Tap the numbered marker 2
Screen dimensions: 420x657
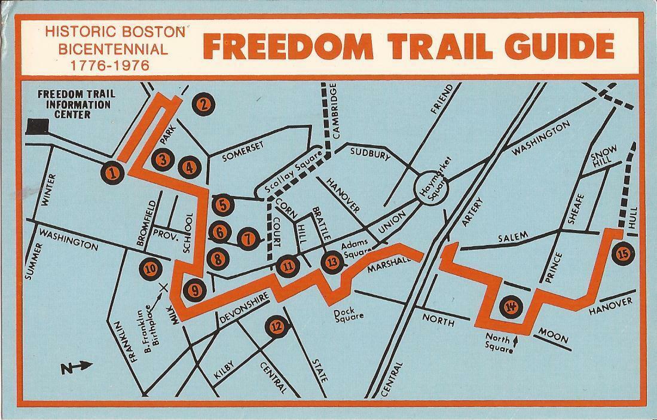(204, 105)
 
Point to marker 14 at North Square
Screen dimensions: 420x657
(511, 307)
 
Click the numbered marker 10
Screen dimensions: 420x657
(149, 268)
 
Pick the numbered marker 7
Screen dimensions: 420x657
(248, 239)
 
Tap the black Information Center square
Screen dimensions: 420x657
(38, 127)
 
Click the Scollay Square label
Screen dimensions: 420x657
(289, 174)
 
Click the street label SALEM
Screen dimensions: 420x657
(513, 237)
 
